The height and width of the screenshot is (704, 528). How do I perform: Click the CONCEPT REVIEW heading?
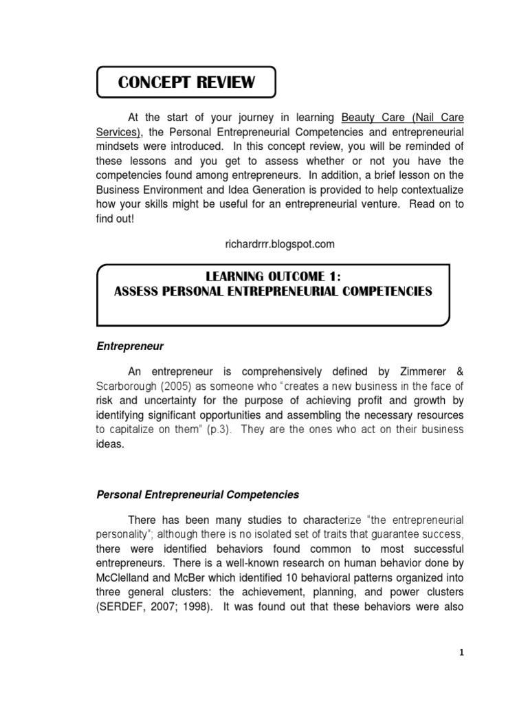[x=186, y=83]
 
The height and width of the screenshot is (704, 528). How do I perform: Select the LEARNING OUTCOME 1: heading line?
[x=273, y=276]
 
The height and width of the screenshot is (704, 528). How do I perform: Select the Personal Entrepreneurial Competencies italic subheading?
[x=197, y=494]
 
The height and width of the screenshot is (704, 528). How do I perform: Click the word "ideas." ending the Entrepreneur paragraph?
[x=109, y=444]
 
